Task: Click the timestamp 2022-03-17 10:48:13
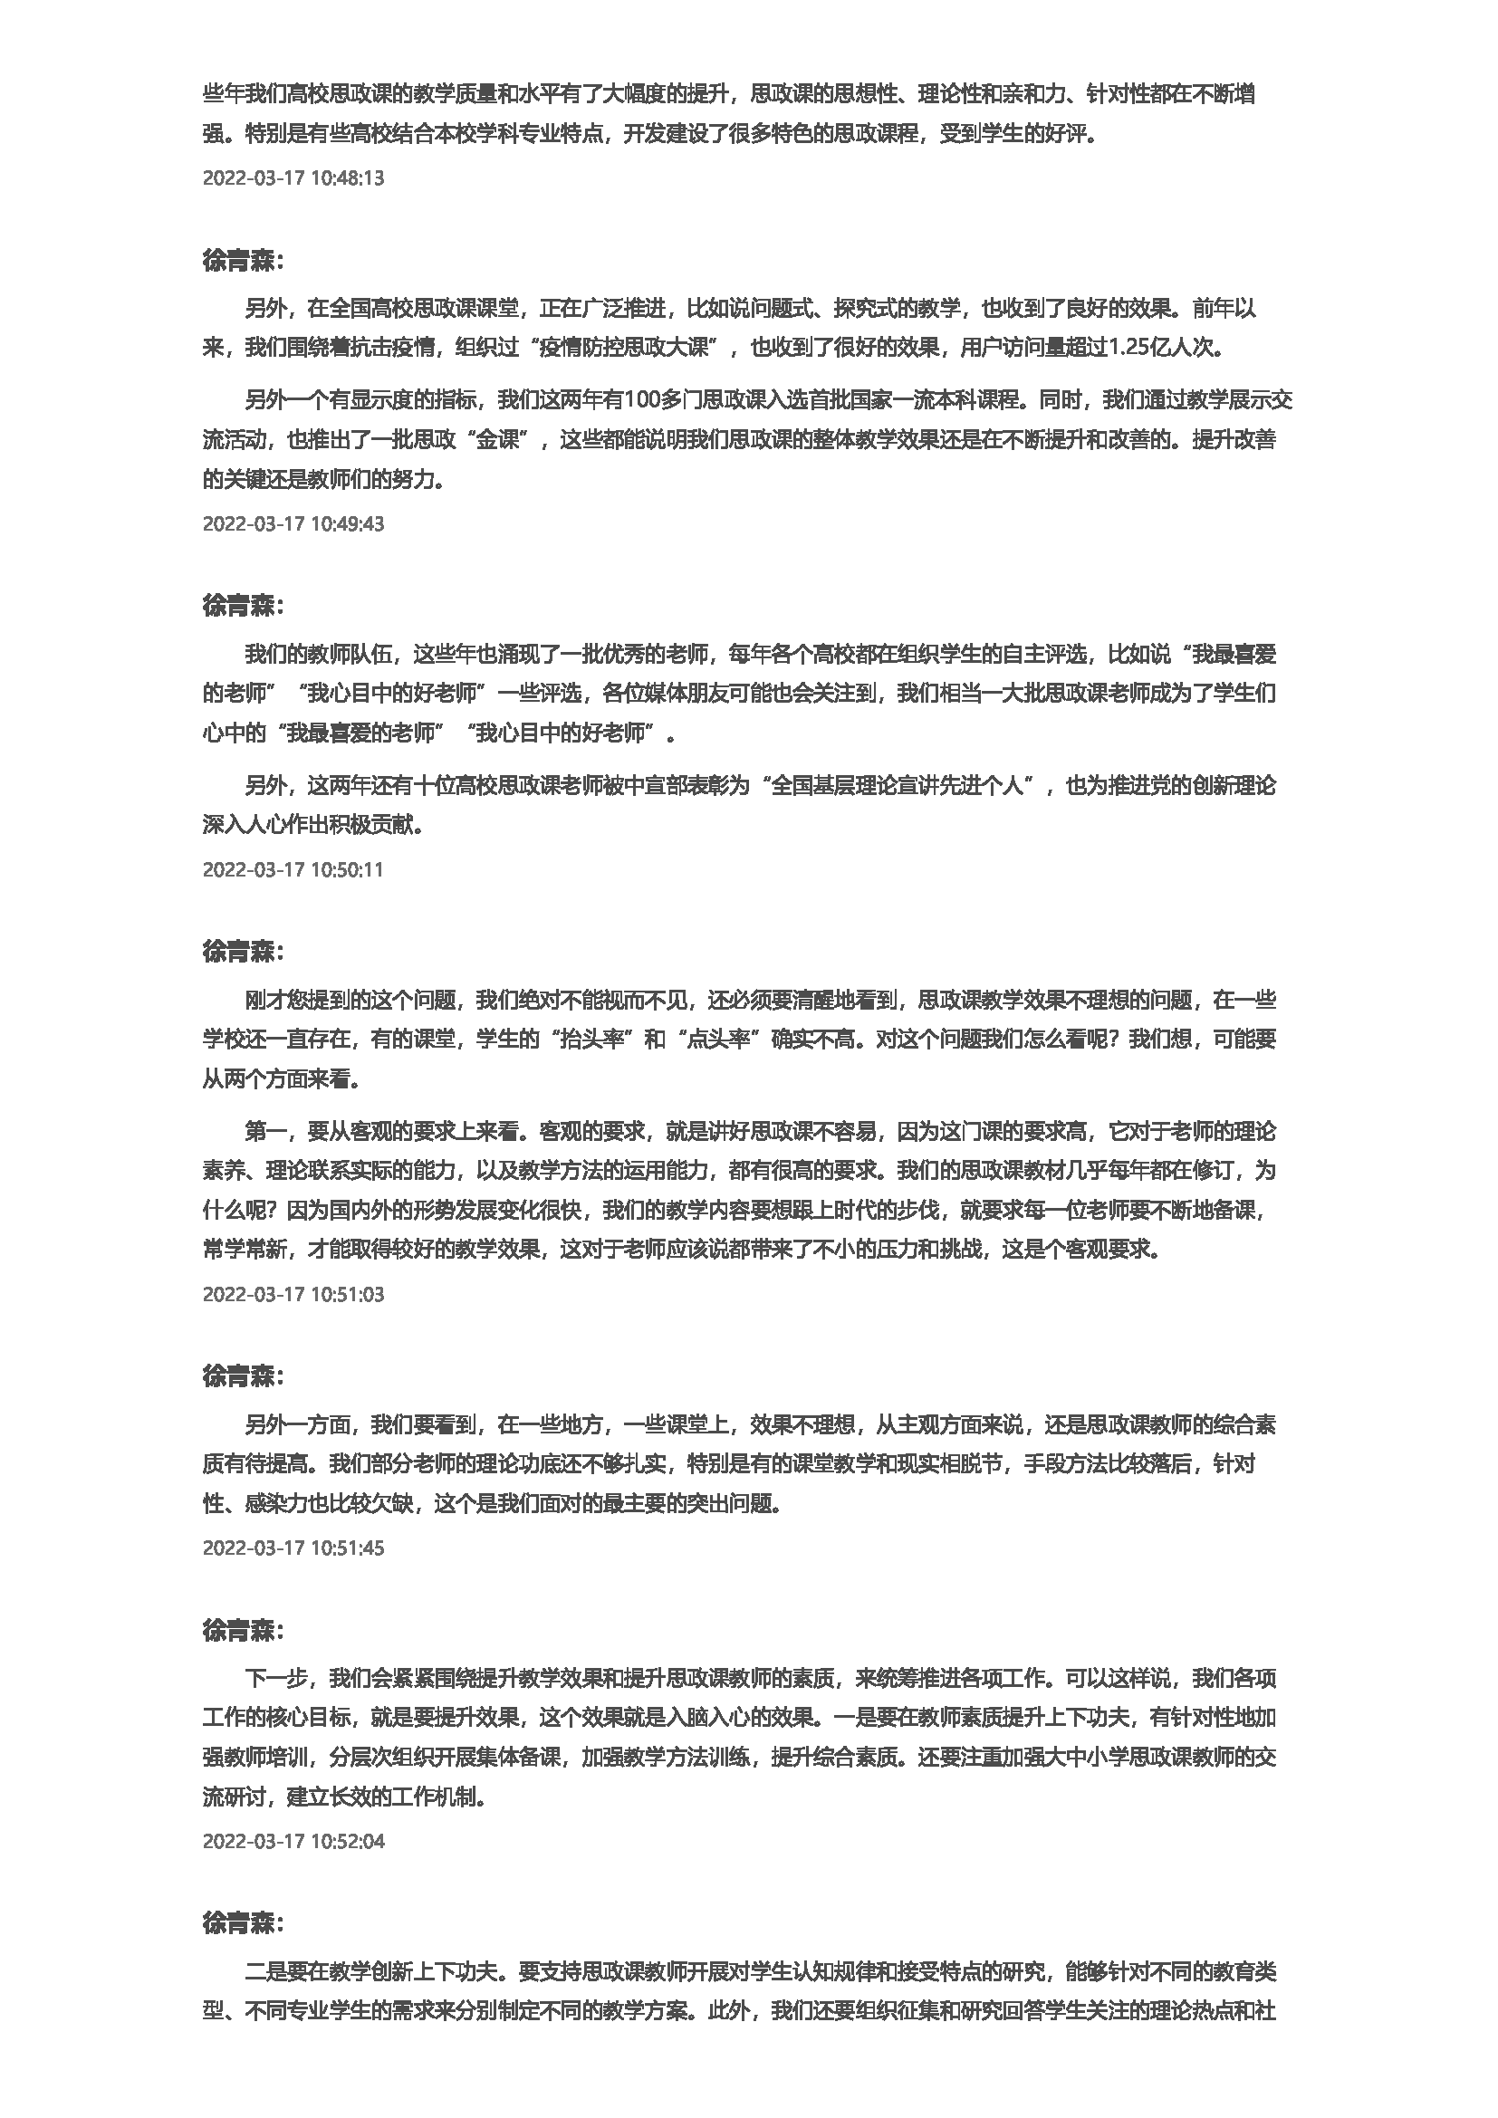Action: point(293,178)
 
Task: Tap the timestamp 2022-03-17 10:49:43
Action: point(293,524)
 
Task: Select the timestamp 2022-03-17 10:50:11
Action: point(293,869)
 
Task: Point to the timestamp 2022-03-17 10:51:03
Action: point(293,1294)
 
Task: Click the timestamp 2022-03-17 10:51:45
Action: point(293,1548)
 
